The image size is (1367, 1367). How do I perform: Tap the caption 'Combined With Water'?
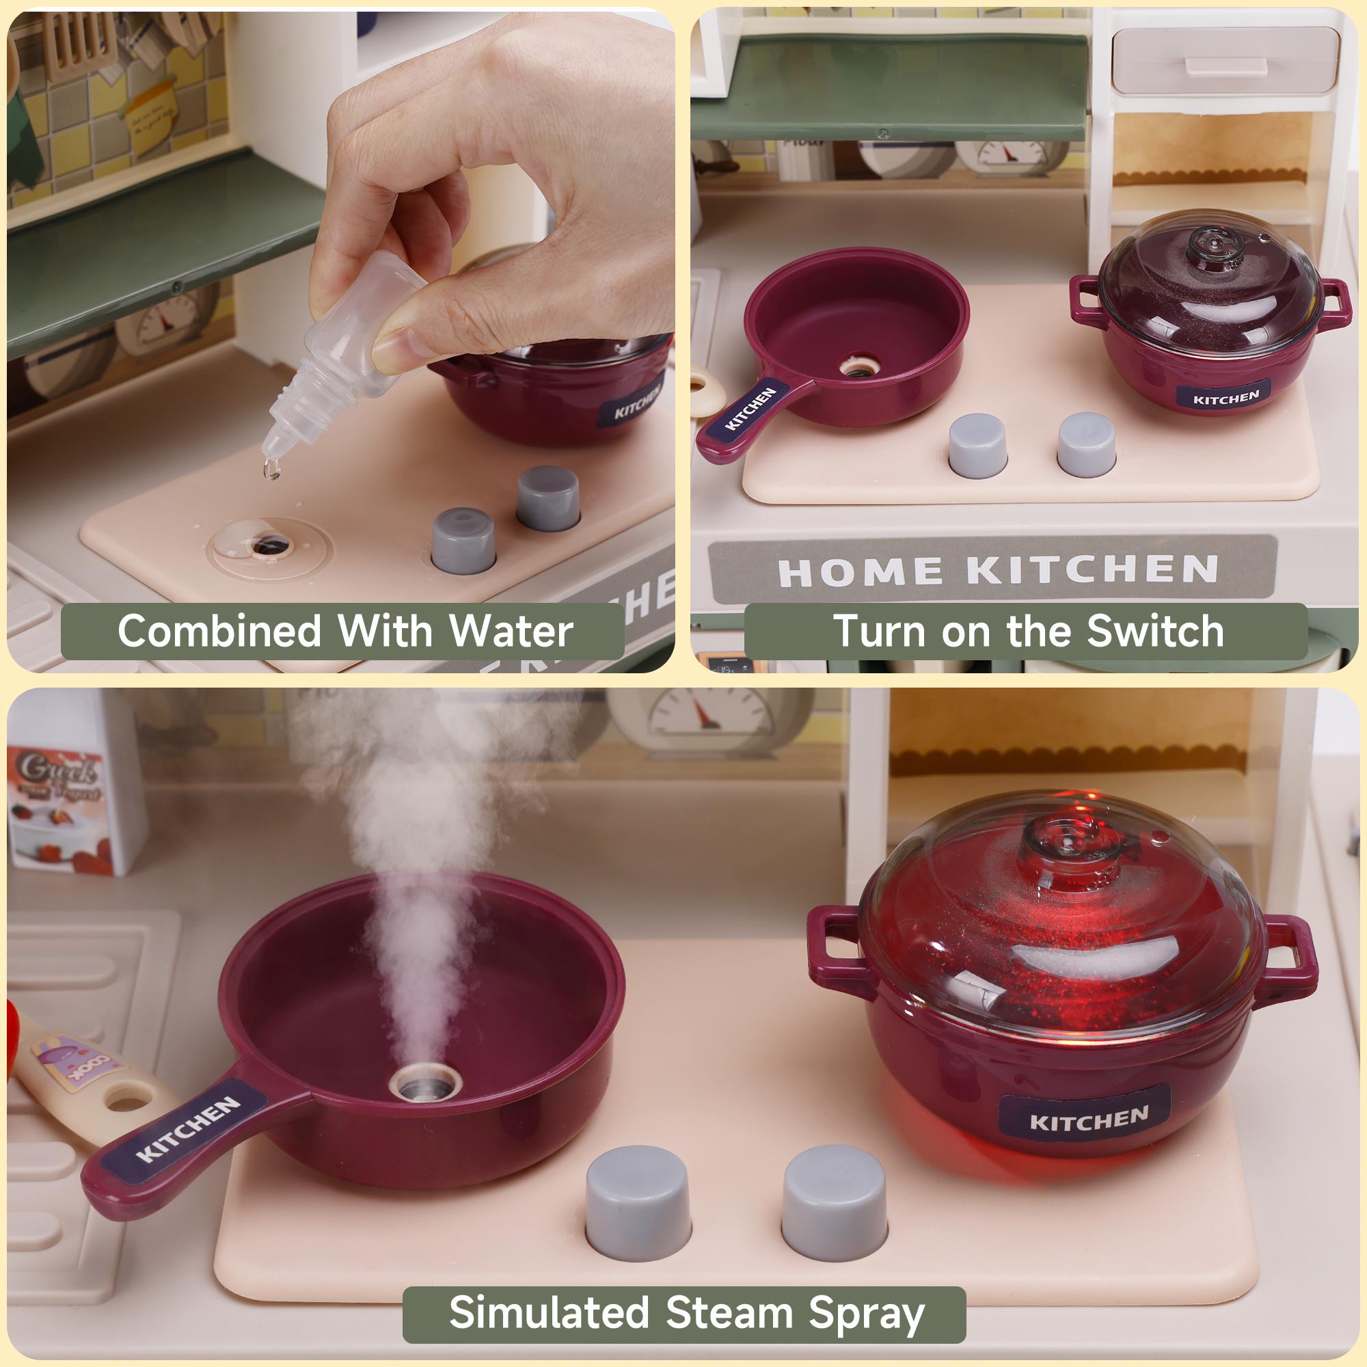pyautogui.click(x=344, y=630)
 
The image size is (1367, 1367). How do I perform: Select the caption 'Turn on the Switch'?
pyautogui.click(x=1027, y=630)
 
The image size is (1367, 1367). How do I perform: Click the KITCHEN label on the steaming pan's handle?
pyautogui.click(x=189, y=1130)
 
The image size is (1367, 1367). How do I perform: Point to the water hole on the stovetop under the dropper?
pyautogui.click(x=270, y=545)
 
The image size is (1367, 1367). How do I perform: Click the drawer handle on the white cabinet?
pyautogui.click(x=1225, y=65)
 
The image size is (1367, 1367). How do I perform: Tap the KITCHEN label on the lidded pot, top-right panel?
pyautogui.click(x=1226, y=398)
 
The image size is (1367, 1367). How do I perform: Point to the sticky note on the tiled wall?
pyautogui.click(x=150, y=116)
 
